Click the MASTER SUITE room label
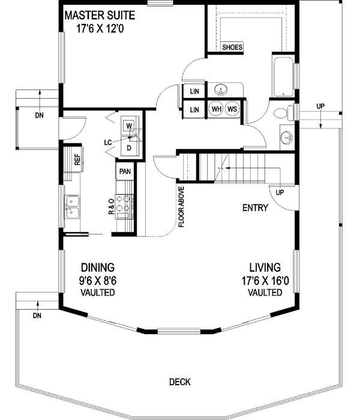[x=100, y=14]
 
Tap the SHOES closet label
[x=232, y=47]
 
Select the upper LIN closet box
[x=194, y=91]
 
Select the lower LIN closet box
[x=194, y=110]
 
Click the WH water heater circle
[x=217, y=109]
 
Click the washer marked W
[x=129, y=126]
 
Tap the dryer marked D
[x=129, y=145]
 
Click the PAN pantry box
[x=125, y=171]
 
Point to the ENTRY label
[x=255, y=208]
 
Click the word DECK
[x=179, y=381]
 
